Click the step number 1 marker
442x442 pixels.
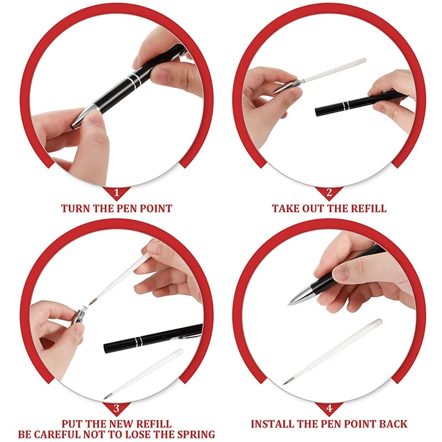tap(117, 193)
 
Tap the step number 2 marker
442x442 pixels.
tap(329, 193)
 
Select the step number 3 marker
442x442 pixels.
tap(117, 408)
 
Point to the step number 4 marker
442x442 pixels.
tap(329, 408)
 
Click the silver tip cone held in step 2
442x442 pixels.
tap(285, 86)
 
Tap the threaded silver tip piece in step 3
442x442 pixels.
tap(80, 315)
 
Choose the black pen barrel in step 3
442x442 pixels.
tap(153, 338)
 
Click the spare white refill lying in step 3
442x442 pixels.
tap(144, 373)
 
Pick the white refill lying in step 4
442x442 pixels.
tap(332, 352)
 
